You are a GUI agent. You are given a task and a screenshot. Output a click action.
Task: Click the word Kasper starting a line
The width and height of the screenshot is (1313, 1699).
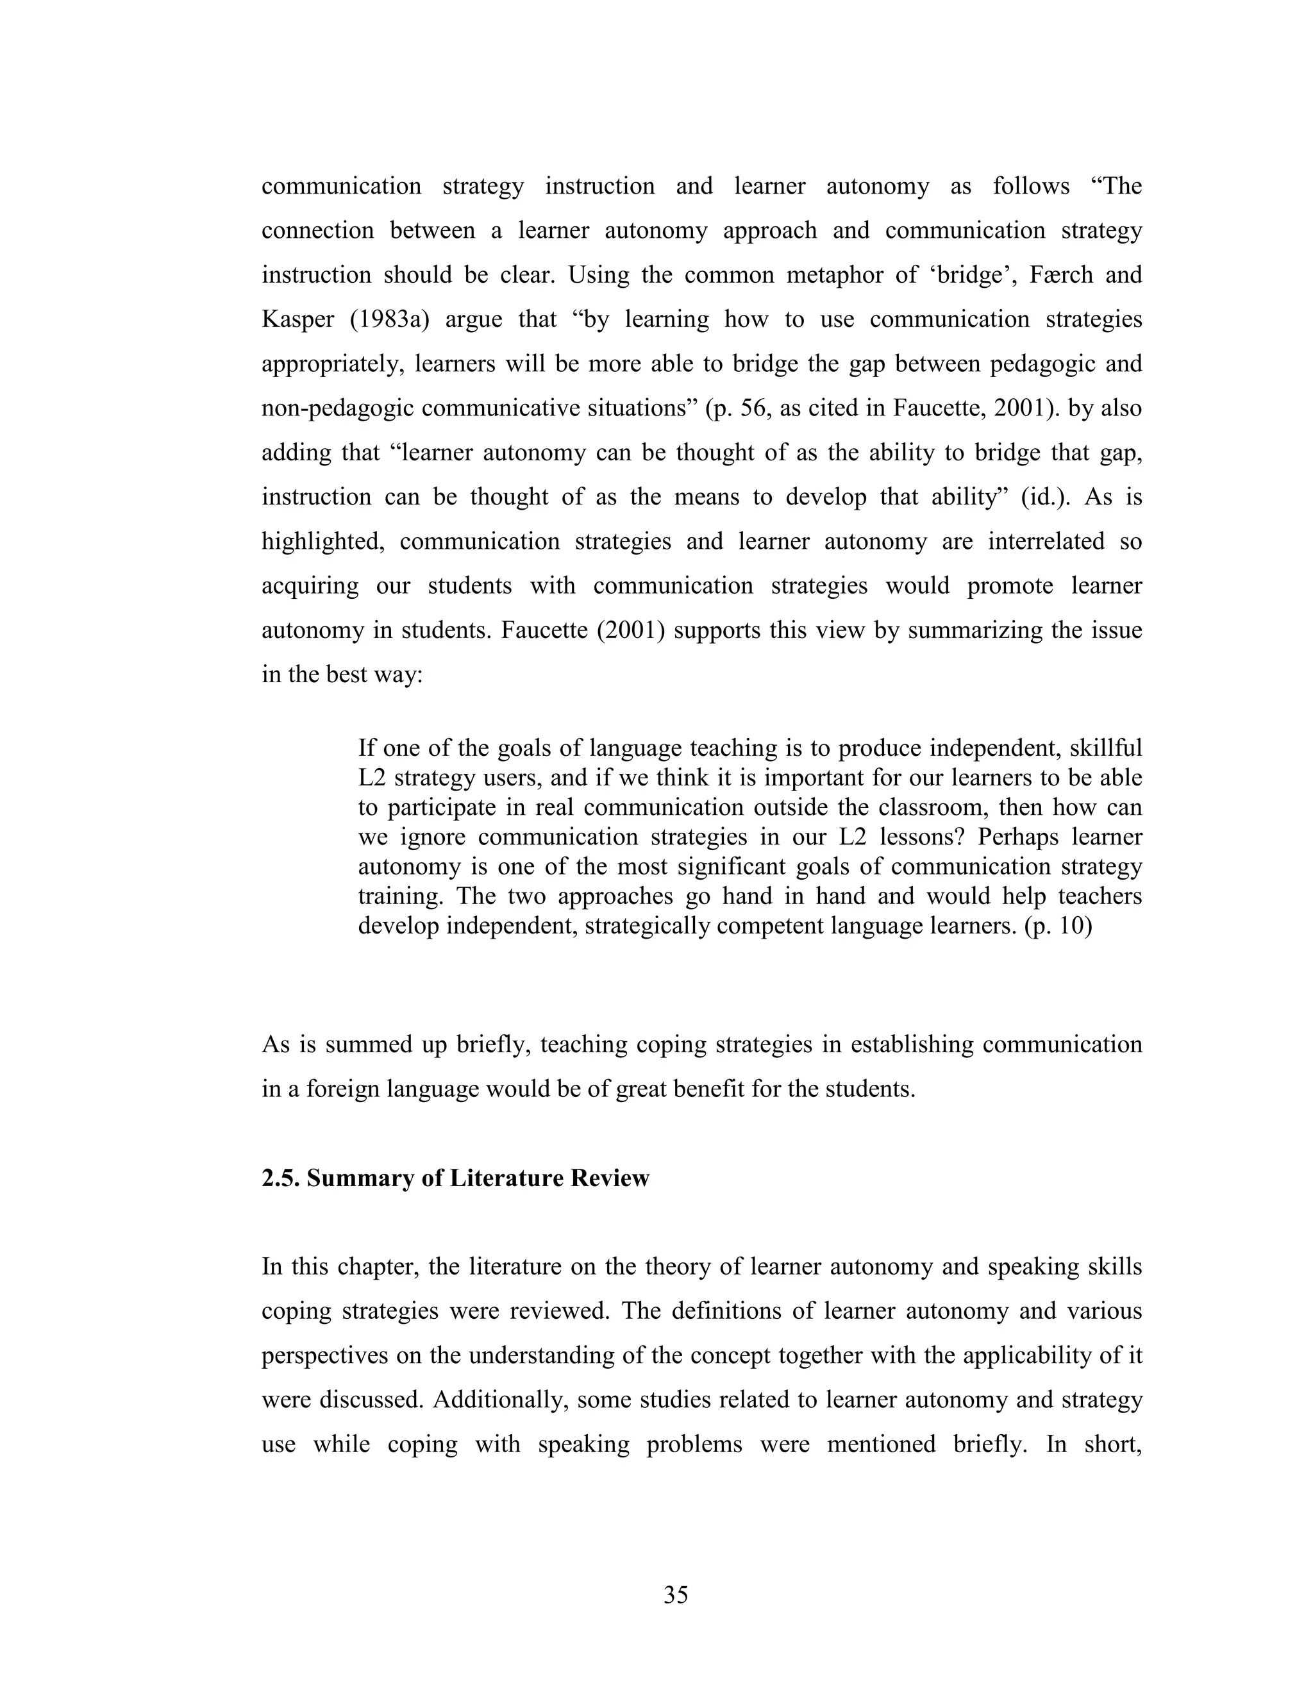pyautogui.click(x=296, y=320)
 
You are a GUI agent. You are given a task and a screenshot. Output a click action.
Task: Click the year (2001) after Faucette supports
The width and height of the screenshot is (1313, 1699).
pyautogui.click(x=630, y=630)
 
